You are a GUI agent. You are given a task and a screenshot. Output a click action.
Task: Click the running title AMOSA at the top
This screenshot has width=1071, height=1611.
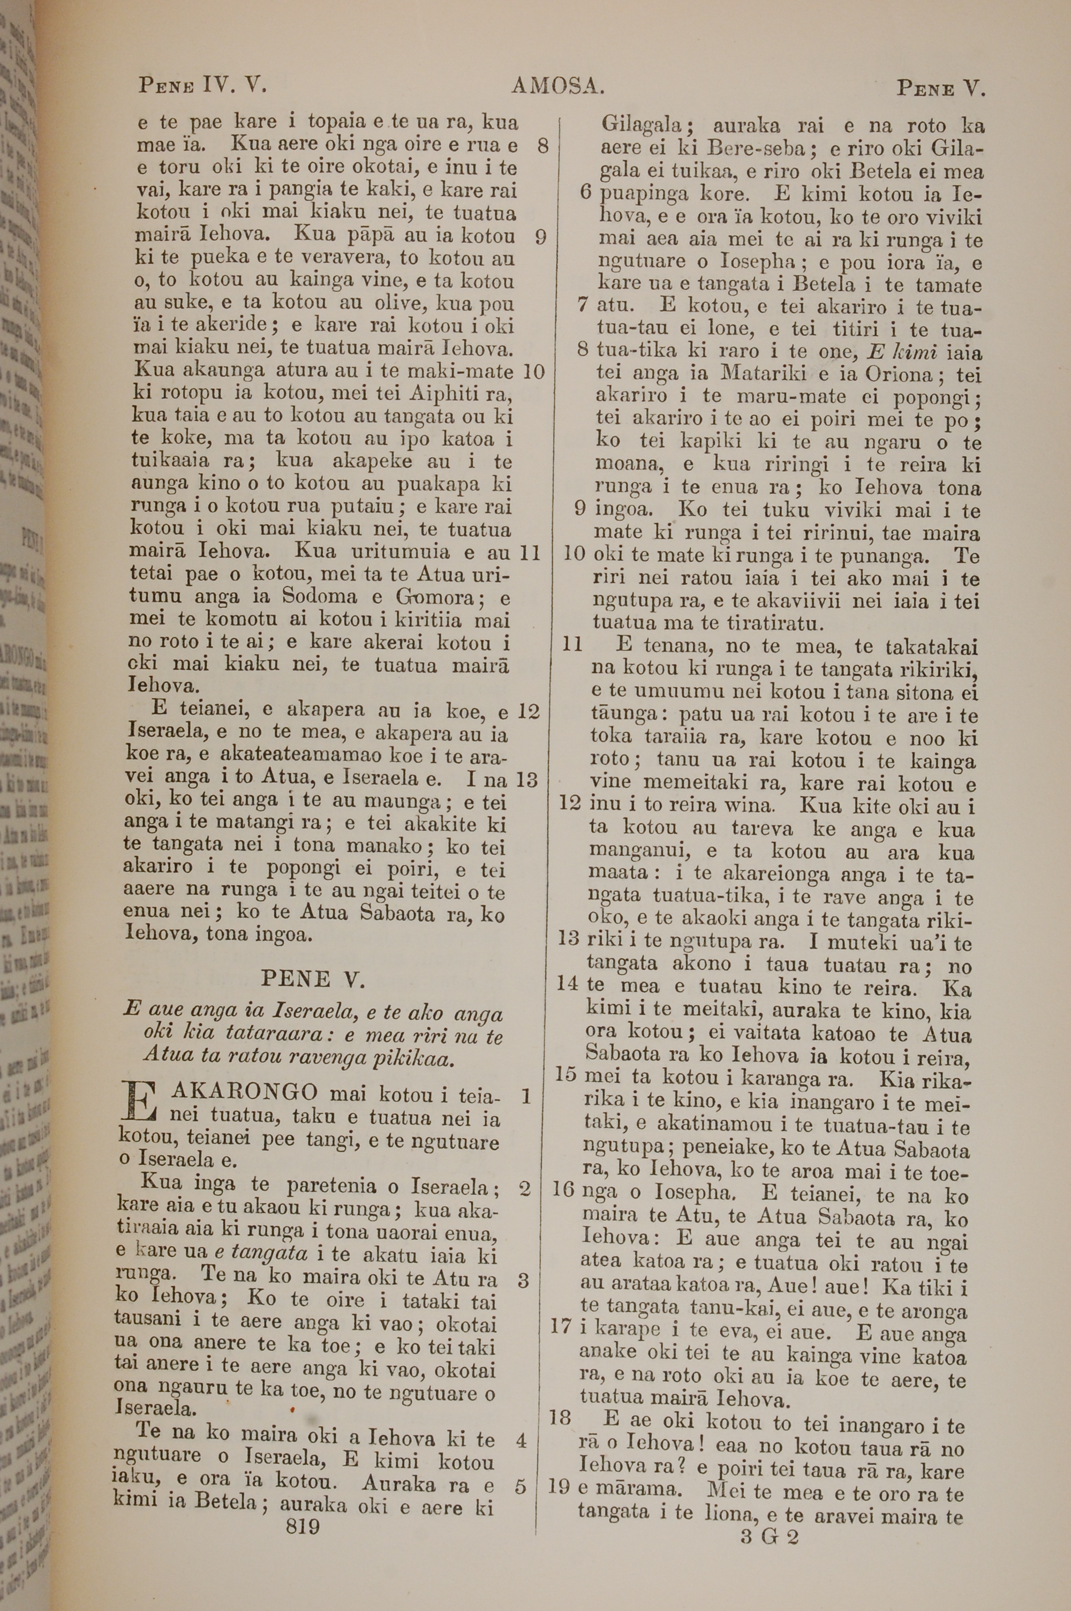point(557,86)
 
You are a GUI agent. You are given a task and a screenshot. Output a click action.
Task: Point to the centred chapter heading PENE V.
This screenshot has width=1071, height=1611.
point(313,980)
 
